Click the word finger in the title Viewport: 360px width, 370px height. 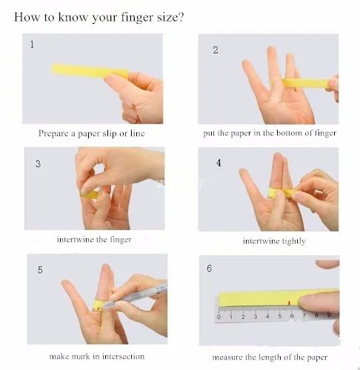click(138, 17)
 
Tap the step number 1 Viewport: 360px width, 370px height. click(32, 44)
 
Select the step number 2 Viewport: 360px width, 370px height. click(216, 50)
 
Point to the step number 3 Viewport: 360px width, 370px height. click(38, 164)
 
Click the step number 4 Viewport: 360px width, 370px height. click(219, 163)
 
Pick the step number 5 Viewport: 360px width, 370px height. click(40, 269)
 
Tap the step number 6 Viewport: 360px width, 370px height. click(210, 269)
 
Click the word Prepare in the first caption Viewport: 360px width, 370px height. click(53, 133)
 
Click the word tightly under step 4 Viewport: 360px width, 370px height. click(294, 241)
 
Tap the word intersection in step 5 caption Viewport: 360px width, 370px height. click(123, 357)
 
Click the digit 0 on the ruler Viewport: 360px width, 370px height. click(219, 317)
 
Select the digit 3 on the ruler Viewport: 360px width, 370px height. click(256, 317)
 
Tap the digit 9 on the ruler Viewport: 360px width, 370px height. click(329, 315)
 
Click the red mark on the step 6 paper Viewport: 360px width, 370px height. click(289, 303)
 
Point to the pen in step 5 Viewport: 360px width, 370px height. click(136, 295)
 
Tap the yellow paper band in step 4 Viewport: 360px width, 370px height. click(281, 192)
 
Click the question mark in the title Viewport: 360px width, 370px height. click(181, 17)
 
